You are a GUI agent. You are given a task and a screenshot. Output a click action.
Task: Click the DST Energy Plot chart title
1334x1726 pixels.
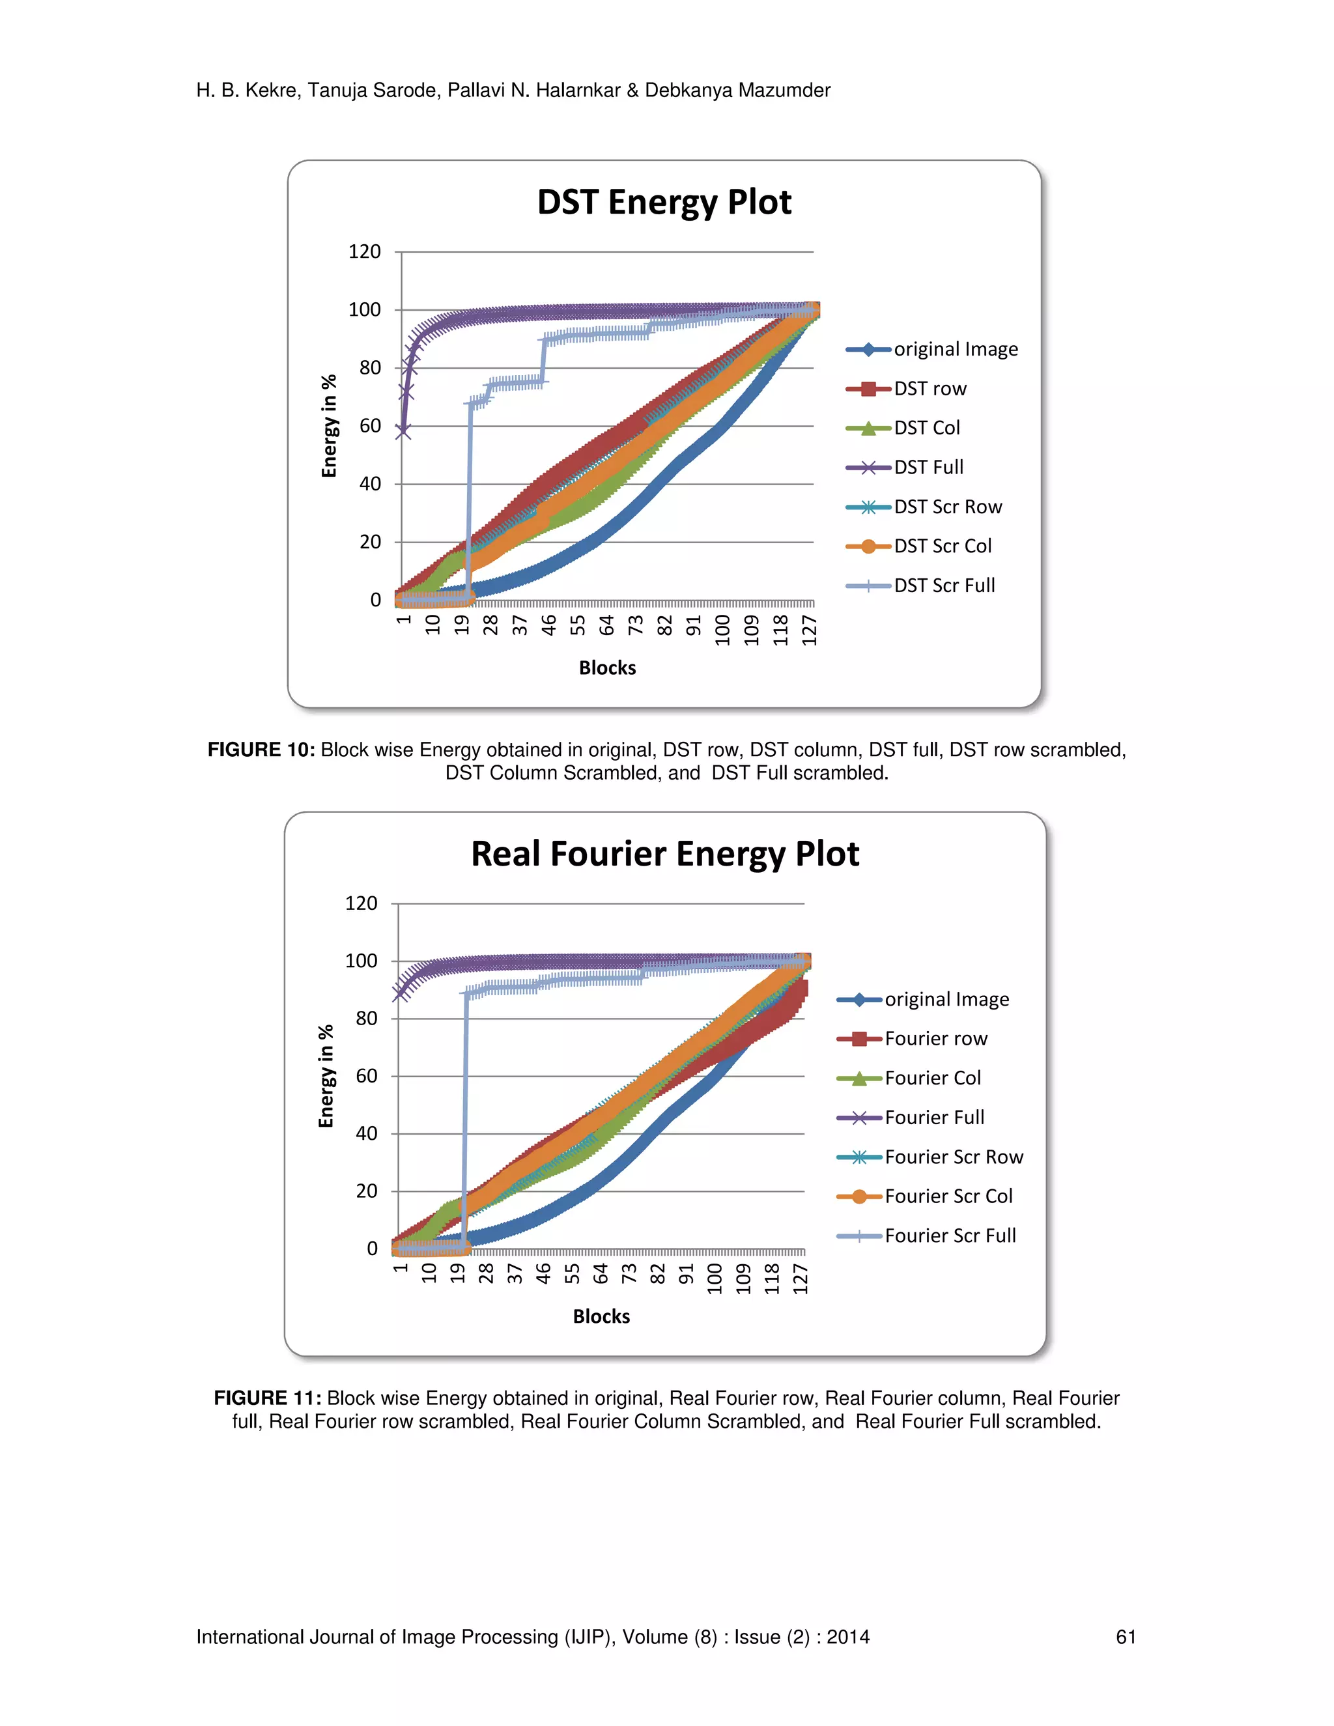(x=664, y=203)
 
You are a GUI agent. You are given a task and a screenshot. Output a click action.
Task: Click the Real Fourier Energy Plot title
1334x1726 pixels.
(x=664, y=855)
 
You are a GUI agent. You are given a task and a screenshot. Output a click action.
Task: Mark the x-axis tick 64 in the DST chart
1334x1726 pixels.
(x=606, y=625)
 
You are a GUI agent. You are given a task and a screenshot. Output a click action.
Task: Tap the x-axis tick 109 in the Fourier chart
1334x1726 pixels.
(x=743, y=1279)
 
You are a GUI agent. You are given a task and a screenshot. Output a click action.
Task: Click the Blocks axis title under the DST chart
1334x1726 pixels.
(x=607, y=668)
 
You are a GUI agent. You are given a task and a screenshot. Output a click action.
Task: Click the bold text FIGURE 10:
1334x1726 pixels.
(x=261, y=750)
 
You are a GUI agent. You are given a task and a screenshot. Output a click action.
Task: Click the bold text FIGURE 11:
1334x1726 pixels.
(x=267, y=1398)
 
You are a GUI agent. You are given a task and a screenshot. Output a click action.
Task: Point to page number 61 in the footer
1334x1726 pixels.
(x=1126, y=1637)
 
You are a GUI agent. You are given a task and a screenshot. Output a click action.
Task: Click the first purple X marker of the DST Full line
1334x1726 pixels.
(x=403, y=431)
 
